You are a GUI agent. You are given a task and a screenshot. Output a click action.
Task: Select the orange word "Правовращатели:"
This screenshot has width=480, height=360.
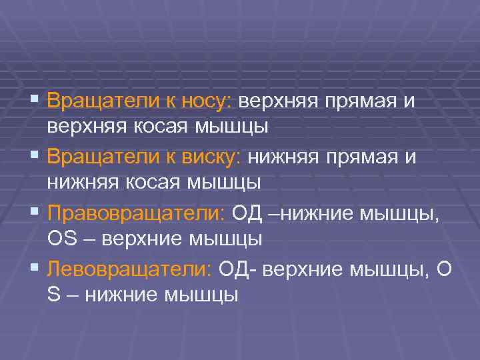[x=137, y=214]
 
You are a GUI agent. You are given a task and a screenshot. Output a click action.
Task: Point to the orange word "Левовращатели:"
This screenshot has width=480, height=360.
[x=129, y=270]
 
